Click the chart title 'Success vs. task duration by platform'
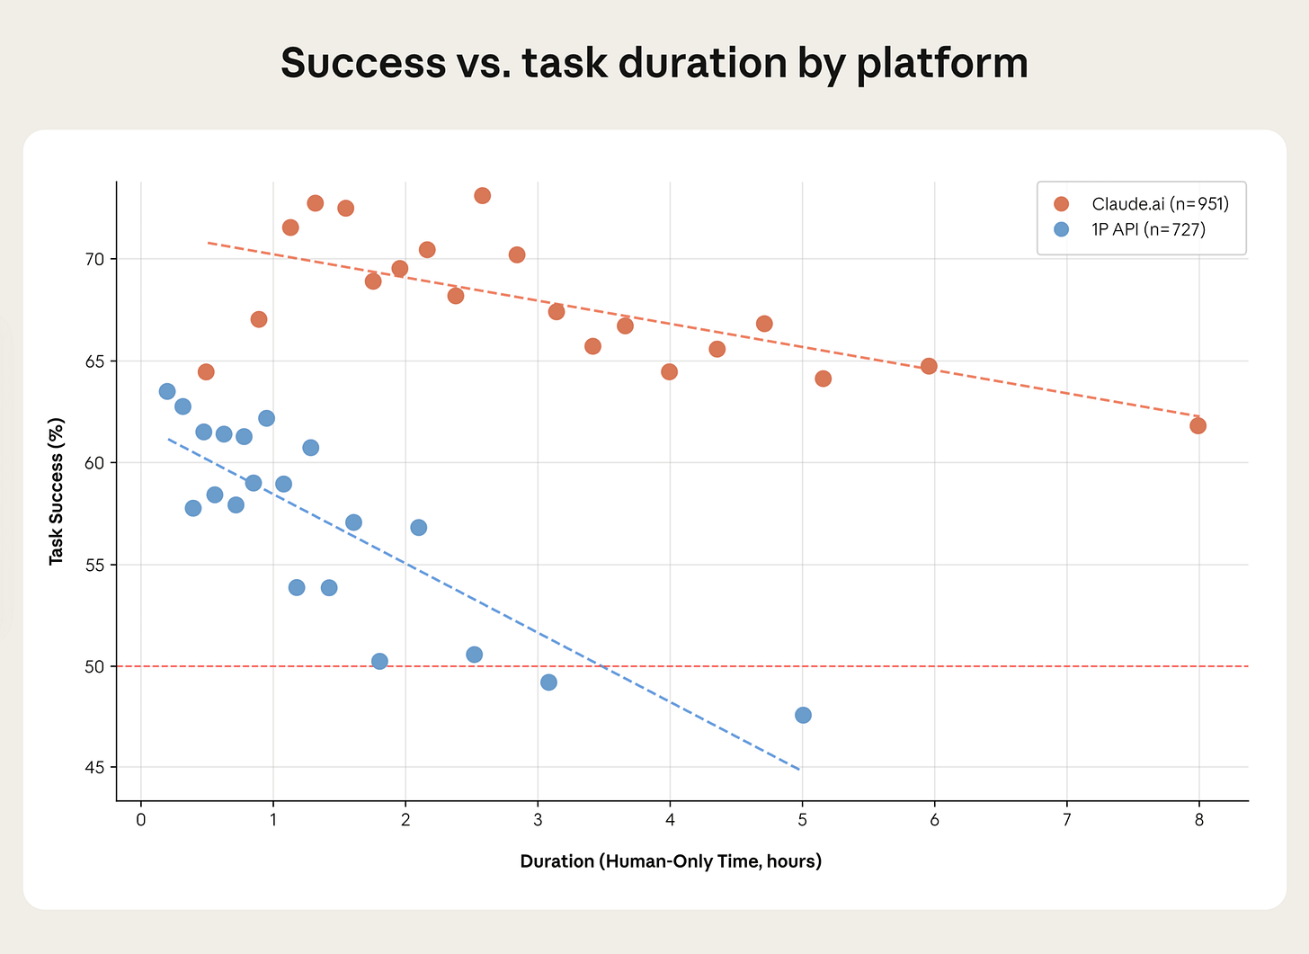click(654, 63)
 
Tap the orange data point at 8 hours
click(1198, 425)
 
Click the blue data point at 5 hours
click(803, 715)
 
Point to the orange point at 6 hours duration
click(929, 366)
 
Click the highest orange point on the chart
click(482, 195)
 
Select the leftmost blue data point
click(167, 391)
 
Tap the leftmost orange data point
click(206, 371)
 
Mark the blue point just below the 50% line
click(548, 682)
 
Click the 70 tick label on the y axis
click(95, 259)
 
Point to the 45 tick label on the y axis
click(95, 768)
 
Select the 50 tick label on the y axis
click(95, 666)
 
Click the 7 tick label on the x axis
click(1066, 819)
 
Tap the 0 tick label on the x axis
click(141, 819)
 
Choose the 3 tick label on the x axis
click(538, 819)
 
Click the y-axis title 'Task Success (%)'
click(57, 491)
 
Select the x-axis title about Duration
click(671, 861)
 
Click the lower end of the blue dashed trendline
click(798, 769)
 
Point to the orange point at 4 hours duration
click(669, 371)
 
